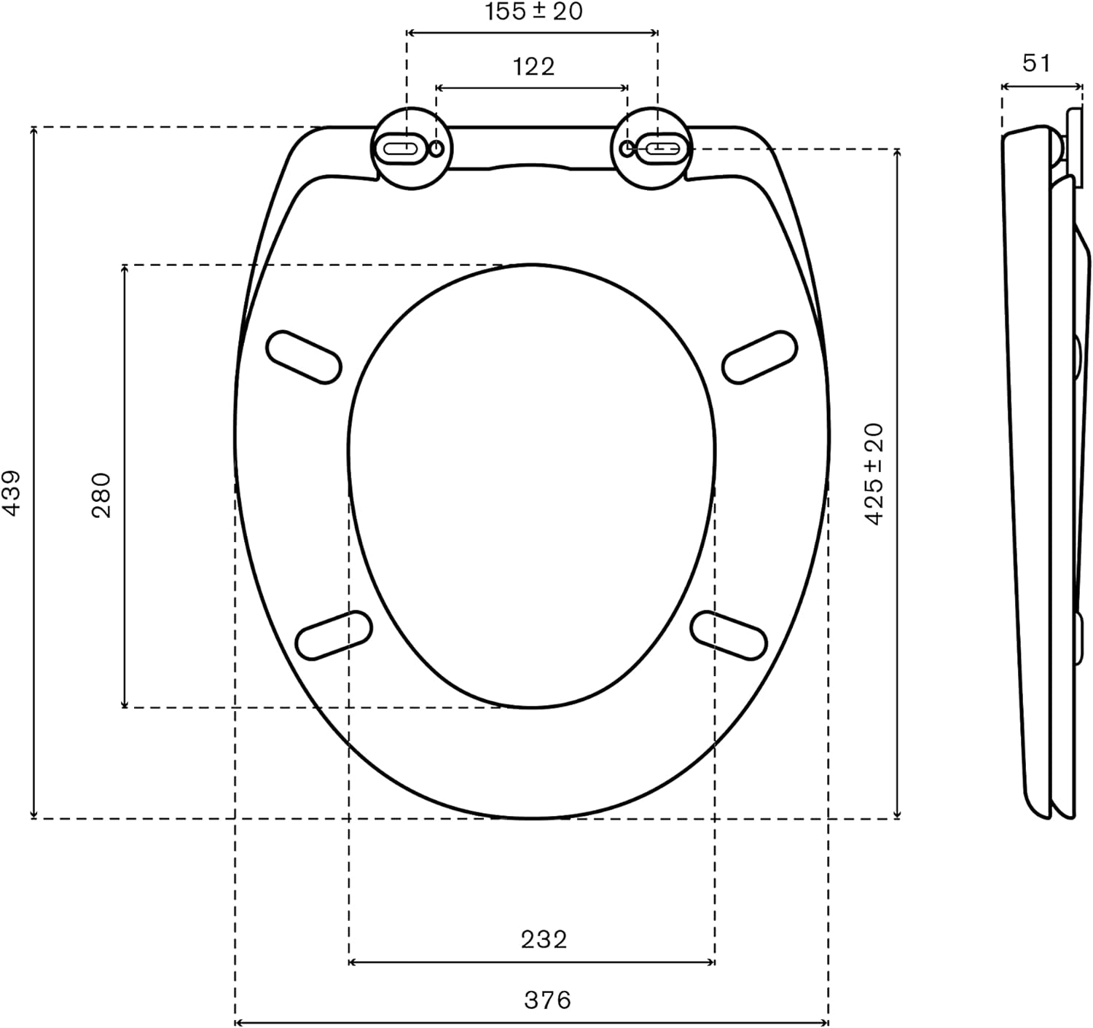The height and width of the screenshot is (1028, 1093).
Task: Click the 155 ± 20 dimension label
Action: tap(533, 12)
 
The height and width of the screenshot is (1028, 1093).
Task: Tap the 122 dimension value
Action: tap(534, 66)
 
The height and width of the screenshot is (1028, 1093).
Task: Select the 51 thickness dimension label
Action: tap(1037, 63)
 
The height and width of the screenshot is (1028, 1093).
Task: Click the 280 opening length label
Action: tap(101, 495)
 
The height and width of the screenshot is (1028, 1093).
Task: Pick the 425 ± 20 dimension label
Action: tap(874, 474)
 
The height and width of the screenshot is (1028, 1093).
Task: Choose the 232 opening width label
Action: tap(544, 939)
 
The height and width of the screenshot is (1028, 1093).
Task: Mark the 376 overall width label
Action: tap(548, 1000)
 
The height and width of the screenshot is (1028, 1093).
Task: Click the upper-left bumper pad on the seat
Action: tap(303, 357)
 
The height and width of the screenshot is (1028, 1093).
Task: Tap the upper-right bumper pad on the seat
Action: tap(759, 357)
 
